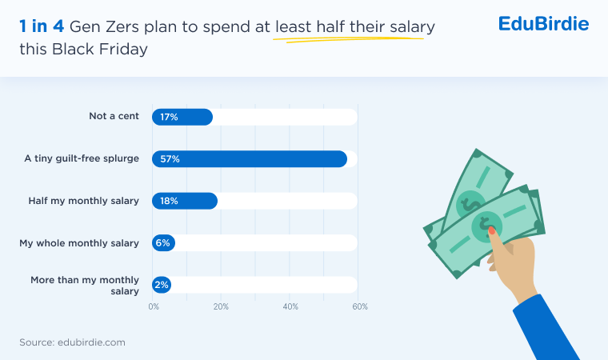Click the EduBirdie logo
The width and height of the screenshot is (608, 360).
coord(543,23)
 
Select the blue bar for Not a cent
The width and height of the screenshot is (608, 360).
coord(192,117)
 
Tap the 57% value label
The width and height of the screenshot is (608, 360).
coord(170,159)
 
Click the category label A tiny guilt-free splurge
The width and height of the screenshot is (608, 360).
coord(82,158)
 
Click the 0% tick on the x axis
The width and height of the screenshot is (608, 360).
coord(154,306)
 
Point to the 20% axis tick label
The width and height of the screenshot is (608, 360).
coord(221,306)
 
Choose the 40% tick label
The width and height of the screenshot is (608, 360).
coord(290,306)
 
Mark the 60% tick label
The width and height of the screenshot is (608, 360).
coord(360,306)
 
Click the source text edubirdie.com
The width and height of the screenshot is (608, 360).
coord(91,342)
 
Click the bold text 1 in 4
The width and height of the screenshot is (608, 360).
coord(42,26)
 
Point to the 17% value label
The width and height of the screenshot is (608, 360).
coord(169,117)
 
